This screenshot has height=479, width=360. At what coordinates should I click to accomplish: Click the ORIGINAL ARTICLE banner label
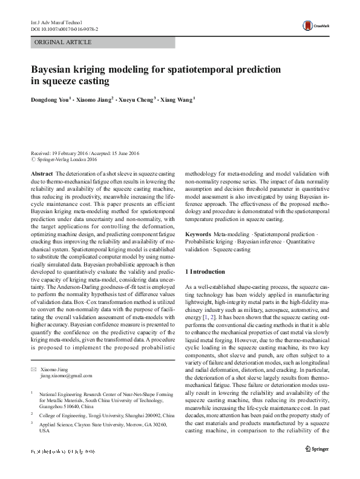[x=63, y=42]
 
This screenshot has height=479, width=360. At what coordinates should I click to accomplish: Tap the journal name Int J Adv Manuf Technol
[x=56, y=22]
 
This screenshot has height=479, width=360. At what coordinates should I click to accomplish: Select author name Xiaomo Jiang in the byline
[x=96, y=99]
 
